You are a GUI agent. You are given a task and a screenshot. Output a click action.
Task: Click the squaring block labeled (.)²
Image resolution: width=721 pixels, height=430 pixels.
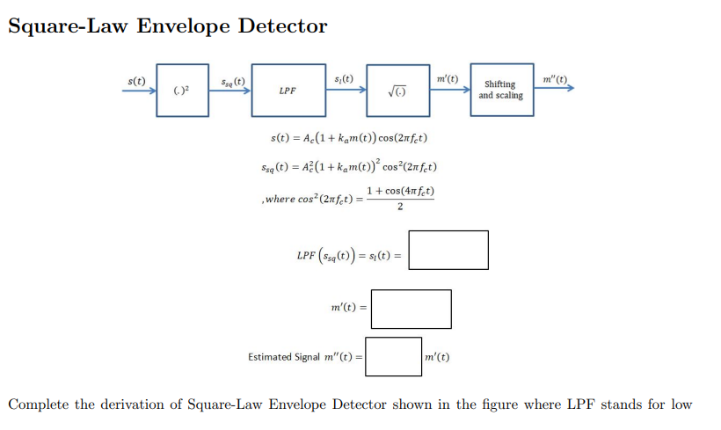point(183,90)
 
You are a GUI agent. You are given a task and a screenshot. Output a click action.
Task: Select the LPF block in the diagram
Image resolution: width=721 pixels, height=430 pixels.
point(288,90)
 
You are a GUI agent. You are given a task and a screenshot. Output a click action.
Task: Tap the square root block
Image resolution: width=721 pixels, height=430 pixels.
point(398,90)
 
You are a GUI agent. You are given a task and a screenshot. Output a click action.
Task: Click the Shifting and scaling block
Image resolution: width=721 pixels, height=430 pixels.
point(501,90)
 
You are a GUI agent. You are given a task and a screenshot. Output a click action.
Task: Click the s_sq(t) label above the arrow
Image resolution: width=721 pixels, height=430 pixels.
point(232,80)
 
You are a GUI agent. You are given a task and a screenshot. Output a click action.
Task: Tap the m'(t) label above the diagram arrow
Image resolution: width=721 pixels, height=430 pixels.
point(447,79)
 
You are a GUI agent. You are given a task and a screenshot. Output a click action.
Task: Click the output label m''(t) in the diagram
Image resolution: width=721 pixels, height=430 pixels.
point(555,79)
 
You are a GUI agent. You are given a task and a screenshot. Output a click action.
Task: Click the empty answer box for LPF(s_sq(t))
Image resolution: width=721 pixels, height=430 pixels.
point(448,250)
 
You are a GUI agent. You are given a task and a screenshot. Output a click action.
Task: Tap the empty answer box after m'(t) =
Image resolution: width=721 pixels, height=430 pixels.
point(411,309)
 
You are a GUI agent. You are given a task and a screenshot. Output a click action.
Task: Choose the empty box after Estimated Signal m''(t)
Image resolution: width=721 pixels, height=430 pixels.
point(393,356)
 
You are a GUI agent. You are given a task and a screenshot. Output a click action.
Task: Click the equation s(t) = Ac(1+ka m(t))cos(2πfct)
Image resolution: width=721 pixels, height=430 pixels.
point(349,139)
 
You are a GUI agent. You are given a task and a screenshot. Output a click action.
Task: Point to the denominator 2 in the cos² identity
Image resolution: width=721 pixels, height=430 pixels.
point(400,208)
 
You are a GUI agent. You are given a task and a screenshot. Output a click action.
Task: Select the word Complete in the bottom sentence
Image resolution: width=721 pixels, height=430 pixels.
point(40,404)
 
